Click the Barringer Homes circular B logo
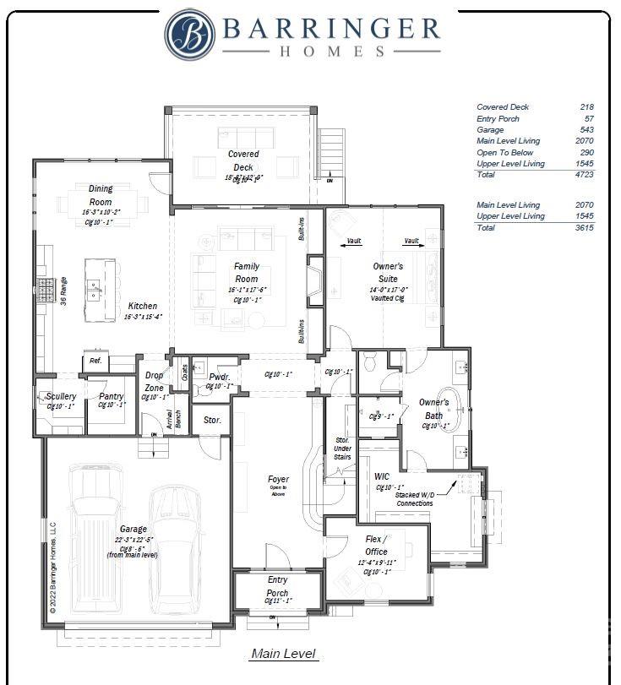click(x=190, y=34)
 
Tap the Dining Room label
click(x=100, y=195)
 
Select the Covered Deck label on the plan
click(x=243, y=160)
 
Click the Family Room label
click(x=246, y=272)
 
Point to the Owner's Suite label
click(x=388, y=272)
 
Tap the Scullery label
click(x=61, y=396)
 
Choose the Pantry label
click(x=111, y=396)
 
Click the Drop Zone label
click(x=155, y=381)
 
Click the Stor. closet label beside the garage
click(x=212, y=420)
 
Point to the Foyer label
click(x=278, y=480)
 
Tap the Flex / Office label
click(x=376, y=545)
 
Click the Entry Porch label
click(x=277, y=586)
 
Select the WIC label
click(x=382, y=476)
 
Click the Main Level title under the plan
click(x=283, y=654)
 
